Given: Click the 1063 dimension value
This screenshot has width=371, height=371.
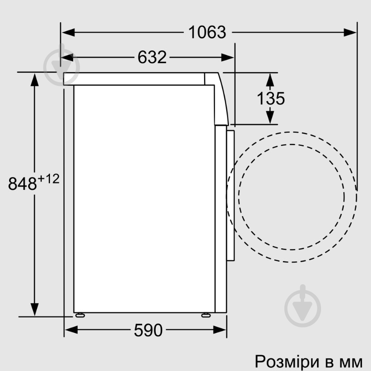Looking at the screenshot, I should (207, 32).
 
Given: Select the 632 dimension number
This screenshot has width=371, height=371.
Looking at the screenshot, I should (152, 57).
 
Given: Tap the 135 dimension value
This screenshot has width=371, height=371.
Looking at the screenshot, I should (271, 98).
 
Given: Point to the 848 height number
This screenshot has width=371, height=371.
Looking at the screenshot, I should (22, 184).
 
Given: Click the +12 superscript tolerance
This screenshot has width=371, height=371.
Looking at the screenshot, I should (49, 179).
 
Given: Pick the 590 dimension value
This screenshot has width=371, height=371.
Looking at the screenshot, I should (148, 331).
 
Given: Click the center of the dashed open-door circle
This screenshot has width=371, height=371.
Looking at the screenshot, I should (291, 197).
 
